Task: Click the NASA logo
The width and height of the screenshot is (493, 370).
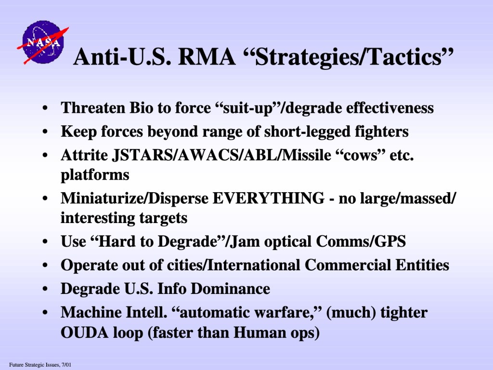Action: click(x=43, y=42)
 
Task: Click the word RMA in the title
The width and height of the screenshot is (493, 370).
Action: click(x=207, y=57)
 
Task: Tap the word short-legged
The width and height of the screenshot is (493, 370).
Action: click(x=307, y=132)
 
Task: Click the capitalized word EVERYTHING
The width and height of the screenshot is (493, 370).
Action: click(x=269, y=198)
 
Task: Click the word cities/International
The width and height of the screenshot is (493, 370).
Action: click(x=234, y=265)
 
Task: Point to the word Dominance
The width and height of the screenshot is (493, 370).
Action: click(x=231, y=289)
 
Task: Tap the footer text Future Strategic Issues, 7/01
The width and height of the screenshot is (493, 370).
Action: click(x=40, y=365)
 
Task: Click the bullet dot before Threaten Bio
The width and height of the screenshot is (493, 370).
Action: click(x=45, y=108)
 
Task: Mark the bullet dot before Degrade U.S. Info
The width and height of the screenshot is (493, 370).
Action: click(x=45, y=289)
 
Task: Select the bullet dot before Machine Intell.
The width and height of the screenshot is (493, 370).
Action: click(x=45, y=313)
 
